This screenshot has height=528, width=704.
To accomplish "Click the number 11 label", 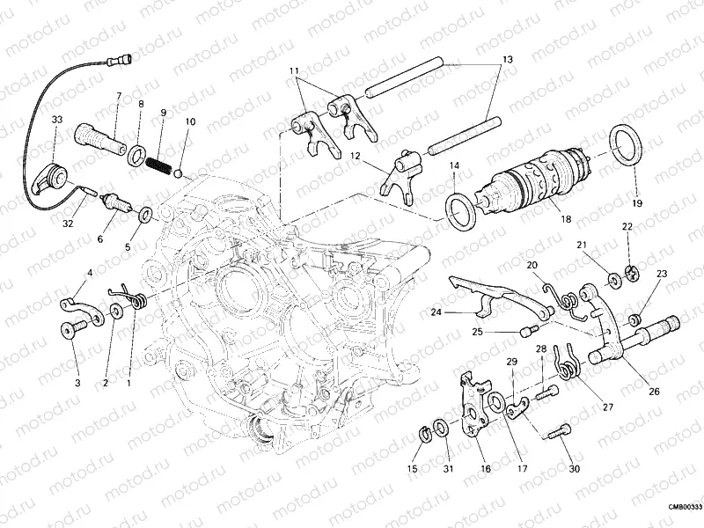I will coord(293,70).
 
